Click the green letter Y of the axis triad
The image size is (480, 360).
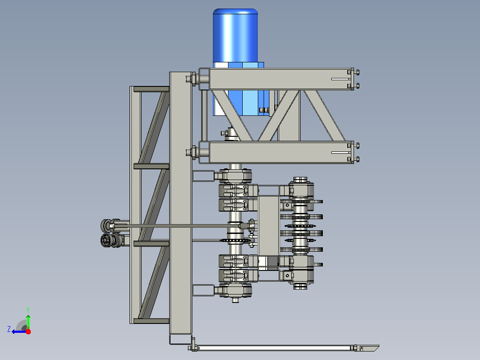(x=28, y=310)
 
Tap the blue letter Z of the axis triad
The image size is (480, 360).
(x=9, y=329)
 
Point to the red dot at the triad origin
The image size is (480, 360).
(x=28, y=331)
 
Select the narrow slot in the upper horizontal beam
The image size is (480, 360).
(x=340, y=79)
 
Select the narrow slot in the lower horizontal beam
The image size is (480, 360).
(x=340, y=152)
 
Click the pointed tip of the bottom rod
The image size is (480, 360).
(x=379, y=346)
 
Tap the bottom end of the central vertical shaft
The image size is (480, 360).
(x=236, y=301)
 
